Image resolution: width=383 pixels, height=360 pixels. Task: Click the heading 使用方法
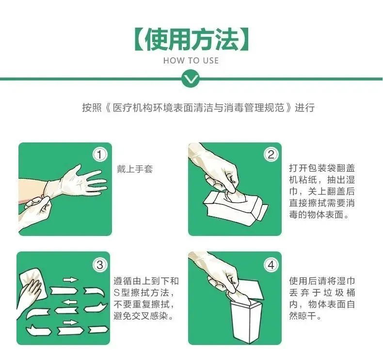coord(191,39)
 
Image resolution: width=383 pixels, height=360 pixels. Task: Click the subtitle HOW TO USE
coord(191,61)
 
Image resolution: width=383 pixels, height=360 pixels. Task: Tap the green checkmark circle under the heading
coord(191,78)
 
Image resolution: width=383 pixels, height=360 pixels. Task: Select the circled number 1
coord(99,155)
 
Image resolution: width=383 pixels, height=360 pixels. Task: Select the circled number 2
coord(270,155)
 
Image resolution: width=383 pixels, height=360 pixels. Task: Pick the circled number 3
coord(99,265)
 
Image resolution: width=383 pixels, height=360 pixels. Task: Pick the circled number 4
coord(270,265)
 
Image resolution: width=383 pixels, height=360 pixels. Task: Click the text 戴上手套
coord(134,169)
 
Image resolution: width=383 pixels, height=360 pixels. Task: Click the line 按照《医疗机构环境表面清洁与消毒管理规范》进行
coord(198,108)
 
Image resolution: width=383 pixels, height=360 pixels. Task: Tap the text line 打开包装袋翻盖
coord(321,168)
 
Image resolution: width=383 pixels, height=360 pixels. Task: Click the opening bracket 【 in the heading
coord(138,39)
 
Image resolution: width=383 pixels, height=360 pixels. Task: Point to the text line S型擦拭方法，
coord(144,293)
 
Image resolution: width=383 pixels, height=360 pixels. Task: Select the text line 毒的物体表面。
coord(319,215)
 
